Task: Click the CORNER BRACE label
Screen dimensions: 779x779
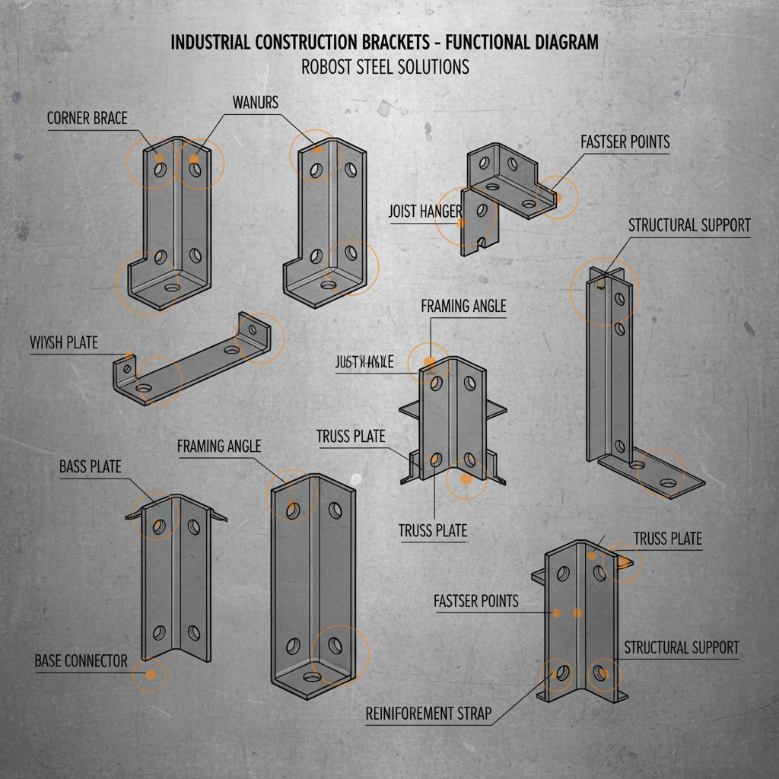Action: coord(87,119)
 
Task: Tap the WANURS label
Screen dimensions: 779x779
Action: coord(256,102)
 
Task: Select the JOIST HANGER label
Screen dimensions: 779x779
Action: coord(424,211)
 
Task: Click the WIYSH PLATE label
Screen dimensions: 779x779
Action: coord(64,342)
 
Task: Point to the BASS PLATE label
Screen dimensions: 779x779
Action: coord(90,466)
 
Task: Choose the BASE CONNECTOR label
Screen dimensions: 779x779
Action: coord(81,660)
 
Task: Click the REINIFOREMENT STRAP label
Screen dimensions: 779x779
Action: coord(428,714)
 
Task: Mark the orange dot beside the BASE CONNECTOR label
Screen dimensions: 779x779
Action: coord(150,675)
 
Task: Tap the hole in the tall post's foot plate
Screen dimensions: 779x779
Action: coord(667,482)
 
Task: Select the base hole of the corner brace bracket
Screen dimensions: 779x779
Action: coord(170,289)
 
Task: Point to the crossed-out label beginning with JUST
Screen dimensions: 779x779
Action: coord(364,362)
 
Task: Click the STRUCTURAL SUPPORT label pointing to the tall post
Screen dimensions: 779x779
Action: coord(689,225)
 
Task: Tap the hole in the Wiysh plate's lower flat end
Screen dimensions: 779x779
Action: coord(144,388)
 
